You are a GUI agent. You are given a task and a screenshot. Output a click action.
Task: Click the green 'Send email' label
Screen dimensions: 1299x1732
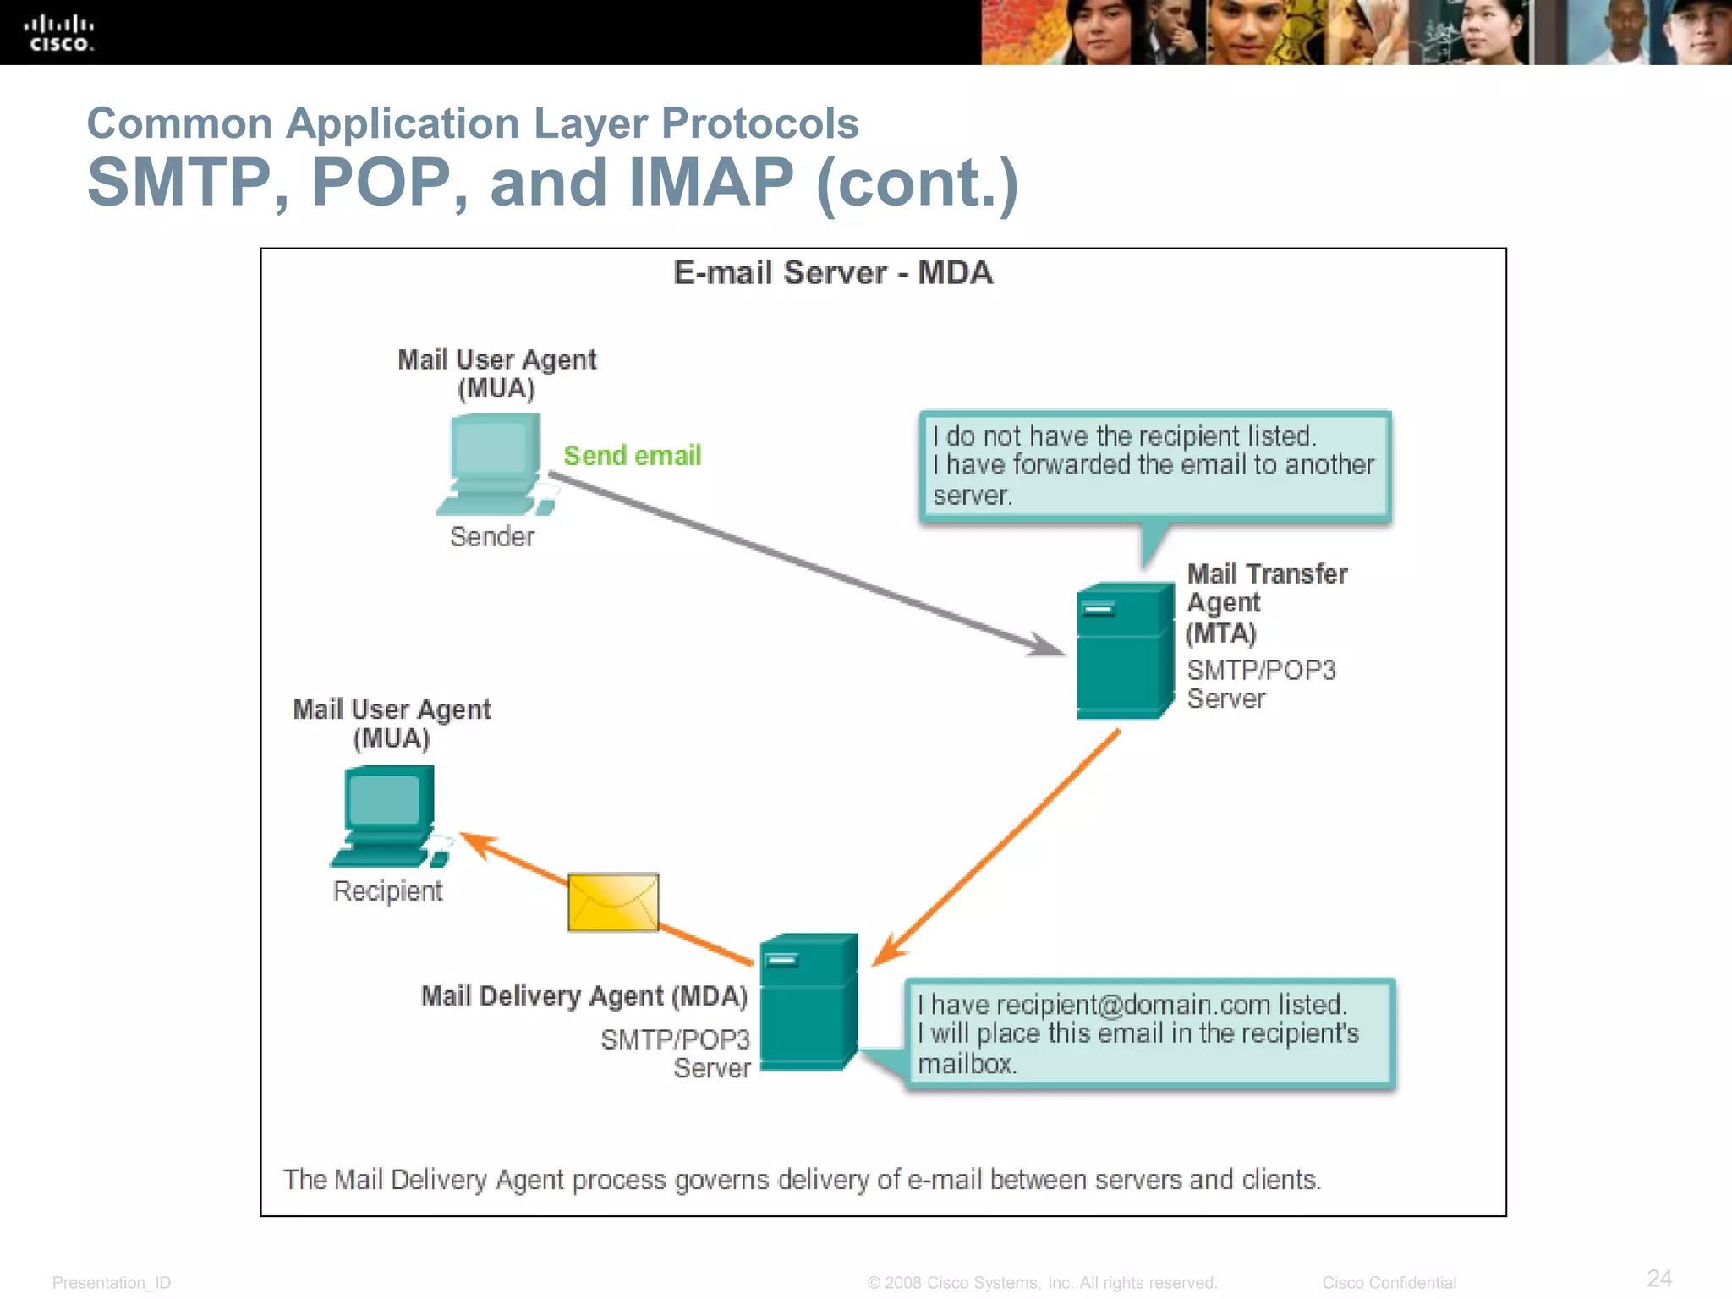coord(632,456)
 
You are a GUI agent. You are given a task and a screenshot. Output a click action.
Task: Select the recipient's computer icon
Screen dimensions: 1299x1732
coord(389,815)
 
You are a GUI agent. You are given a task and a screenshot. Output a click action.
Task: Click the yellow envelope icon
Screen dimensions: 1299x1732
coord(613,902)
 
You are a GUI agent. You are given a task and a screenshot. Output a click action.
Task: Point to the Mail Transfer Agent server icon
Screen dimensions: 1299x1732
coord(1124,651)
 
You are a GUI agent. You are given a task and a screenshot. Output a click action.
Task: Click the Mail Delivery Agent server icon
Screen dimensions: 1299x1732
coord(808,1002)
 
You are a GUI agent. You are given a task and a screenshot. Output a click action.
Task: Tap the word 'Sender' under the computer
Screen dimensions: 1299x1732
coord(492,537)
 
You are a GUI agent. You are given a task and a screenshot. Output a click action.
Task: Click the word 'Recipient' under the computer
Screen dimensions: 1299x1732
coord(387,891)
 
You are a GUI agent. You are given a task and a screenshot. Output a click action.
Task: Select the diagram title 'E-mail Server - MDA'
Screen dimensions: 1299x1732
coord(832,273)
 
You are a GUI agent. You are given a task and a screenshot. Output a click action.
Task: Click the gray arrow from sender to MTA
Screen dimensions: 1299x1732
coord(803,562)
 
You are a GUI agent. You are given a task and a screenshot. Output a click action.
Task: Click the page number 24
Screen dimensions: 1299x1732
coord(1659,1278)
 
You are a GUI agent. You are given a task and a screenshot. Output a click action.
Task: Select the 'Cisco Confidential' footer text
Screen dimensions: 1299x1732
coord(1389,1283)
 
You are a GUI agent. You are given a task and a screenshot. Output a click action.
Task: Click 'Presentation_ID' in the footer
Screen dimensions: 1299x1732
coord(112,1283)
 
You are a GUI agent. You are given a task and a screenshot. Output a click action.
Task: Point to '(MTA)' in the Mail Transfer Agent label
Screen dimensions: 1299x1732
coord(1220,633)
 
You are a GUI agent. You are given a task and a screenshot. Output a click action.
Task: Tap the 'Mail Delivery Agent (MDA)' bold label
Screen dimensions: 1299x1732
coord(584,996)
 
